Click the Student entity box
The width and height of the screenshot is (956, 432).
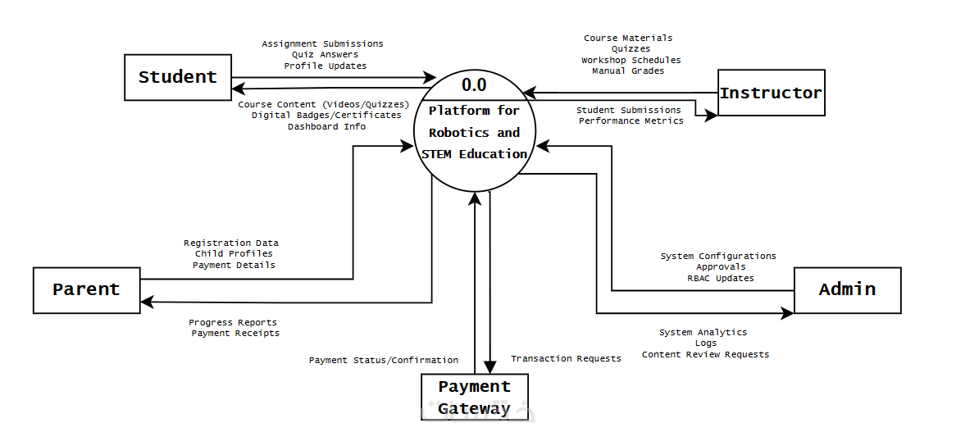[x=177, y=77]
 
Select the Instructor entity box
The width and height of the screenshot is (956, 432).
[x=771, y=93]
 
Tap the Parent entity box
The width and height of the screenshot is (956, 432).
[x=86, y=289]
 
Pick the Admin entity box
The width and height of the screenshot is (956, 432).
[x=847, y=289]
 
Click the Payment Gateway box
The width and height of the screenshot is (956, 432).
[x=474, y=398]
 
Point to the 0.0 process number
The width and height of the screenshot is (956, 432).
[x=474, y=84]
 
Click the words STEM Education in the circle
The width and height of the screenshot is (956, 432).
[x=474, y=154]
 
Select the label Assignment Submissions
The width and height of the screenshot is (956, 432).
[x=322, y=43]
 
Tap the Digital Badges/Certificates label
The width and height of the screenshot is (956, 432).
[x=326, y=116]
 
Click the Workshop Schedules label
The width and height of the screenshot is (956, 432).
[x=631, y=60]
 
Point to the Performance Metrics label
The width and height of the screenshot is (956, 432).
[x=631, y=121]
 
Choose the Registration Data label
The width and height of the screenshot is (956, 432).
[x=231, y=243]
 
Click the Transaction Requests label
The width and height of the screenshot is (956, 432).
[x=566, y=358]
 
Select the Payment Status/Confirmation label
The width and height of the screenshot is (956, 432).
[x=383, y=360]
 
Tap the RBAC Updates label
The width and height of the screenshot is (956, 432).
[x=720, y=278]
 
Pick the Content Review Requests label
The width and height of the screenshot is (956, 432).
[x=705, y=354]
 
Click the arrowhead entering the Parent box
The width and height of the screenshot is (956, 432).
[x=147, y=302]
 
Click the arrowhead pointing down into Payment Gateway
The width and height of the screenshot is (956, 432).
[x=489, y=367]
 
